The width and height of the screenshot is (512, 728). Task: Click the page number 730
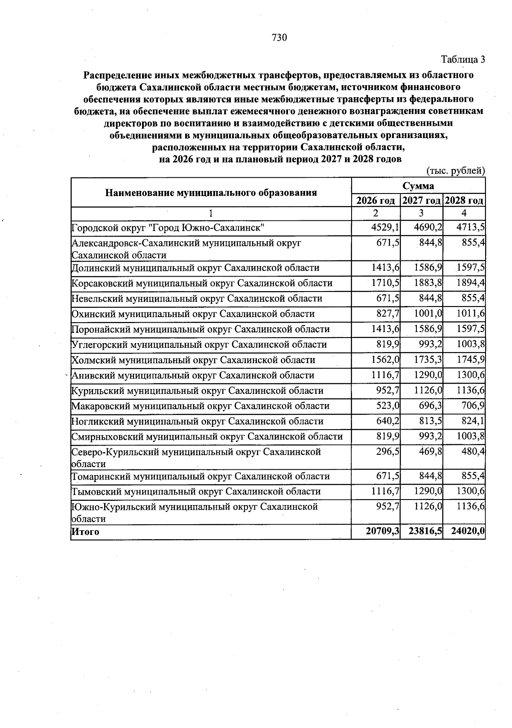(x=279, y=38)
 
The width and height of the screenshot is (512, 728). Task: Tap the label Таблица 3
(x=463, y=59)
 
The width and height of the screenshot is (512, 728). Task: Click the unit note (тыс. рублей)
(x=456, y=170)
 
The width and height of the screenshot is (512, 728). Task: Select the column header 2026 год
(x=375, y=201)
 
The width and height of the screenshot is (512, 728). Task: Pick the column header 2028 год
(x=464, y=201)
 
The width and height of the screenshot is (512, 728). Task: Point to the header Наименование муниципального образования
(x=211, y=193)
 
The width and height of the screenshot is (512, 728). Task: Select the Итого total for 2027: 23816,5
(x=425, y=532)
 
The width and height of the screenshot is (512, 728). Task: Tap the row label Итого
(x=85, y=532)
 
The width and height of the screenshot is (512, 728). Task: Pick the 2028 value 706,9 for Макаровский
(x=473, y=406)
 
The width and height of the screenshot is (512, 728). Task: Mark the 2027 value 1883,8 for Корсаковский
(x=428, y=283)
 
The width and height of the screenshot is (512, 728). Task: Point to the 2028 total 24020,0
(x=468, y=532)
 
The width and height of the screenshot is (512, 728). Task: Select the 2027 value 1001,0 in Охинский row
(x=428, y=314)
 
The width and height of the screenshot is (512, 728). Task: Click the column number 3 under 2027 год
(x=421, y=213)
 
